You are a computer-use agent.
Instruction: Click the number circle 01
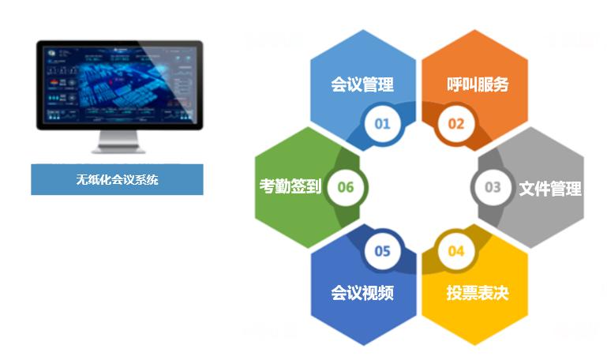pyautogui.click(x=382, y=123)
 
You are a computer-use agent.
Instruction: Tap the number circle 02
pyautogui.click(x=456, y=123)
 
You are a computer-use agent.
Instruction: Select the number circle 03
pyautogui.click(x=493, y=187)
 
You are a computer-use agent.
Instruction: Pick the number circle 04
pyautogui.click(x=456, y=251)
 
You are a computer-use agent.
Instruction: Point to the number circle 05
pyautogui.click(x=382, y=251)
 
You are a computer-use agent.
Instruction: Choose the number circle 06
pyautogui.click(x=346, y=187)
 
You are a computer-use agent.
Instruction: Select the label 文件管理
pyautogui.click(x=550, y=189)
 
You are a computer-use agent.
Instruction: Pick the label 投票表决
pyautogui.click(x=477, y=294)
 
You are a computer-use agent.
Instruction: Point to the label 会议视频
pyautogui.click(x=362, y=294)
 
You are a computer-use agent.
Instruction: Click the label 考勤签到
pyautogui.click(x=290, y=187)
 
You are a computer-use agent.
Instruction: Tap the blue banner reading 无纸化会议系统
pyautogui.click(x=117, y=179)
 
